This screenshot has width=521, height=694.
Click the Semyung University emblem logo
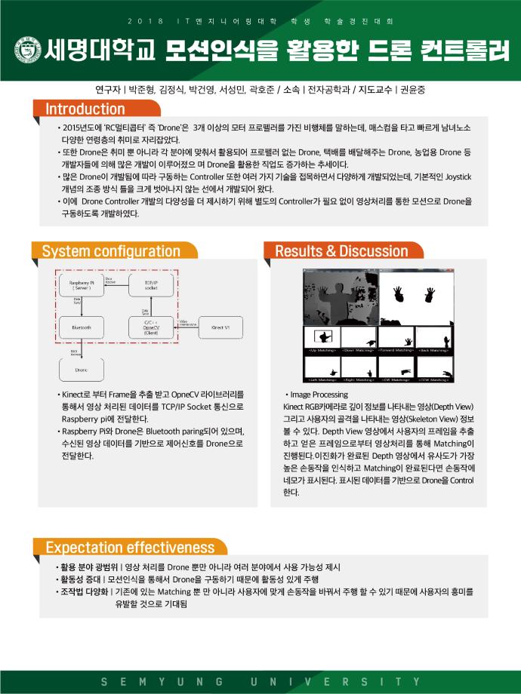click(x=27, y=51)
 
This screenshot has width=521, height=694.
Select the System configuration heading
click(x=110, y=251)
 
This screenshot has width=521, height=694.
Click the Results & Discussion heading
click(x=341, y=251)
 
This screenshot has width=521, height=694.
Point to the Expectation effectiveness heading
click(x=130, y=548)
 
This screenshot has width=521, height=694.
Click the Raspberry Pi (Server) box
click(x=81, y=284)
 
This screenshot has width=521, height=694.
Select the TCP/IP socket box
click(x=151, y=284)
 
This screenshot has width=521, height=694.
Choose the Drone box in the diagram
click(x=81, y=370)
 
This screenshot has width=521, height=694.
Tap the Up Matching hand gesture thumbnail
click(x=321, y=339)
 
